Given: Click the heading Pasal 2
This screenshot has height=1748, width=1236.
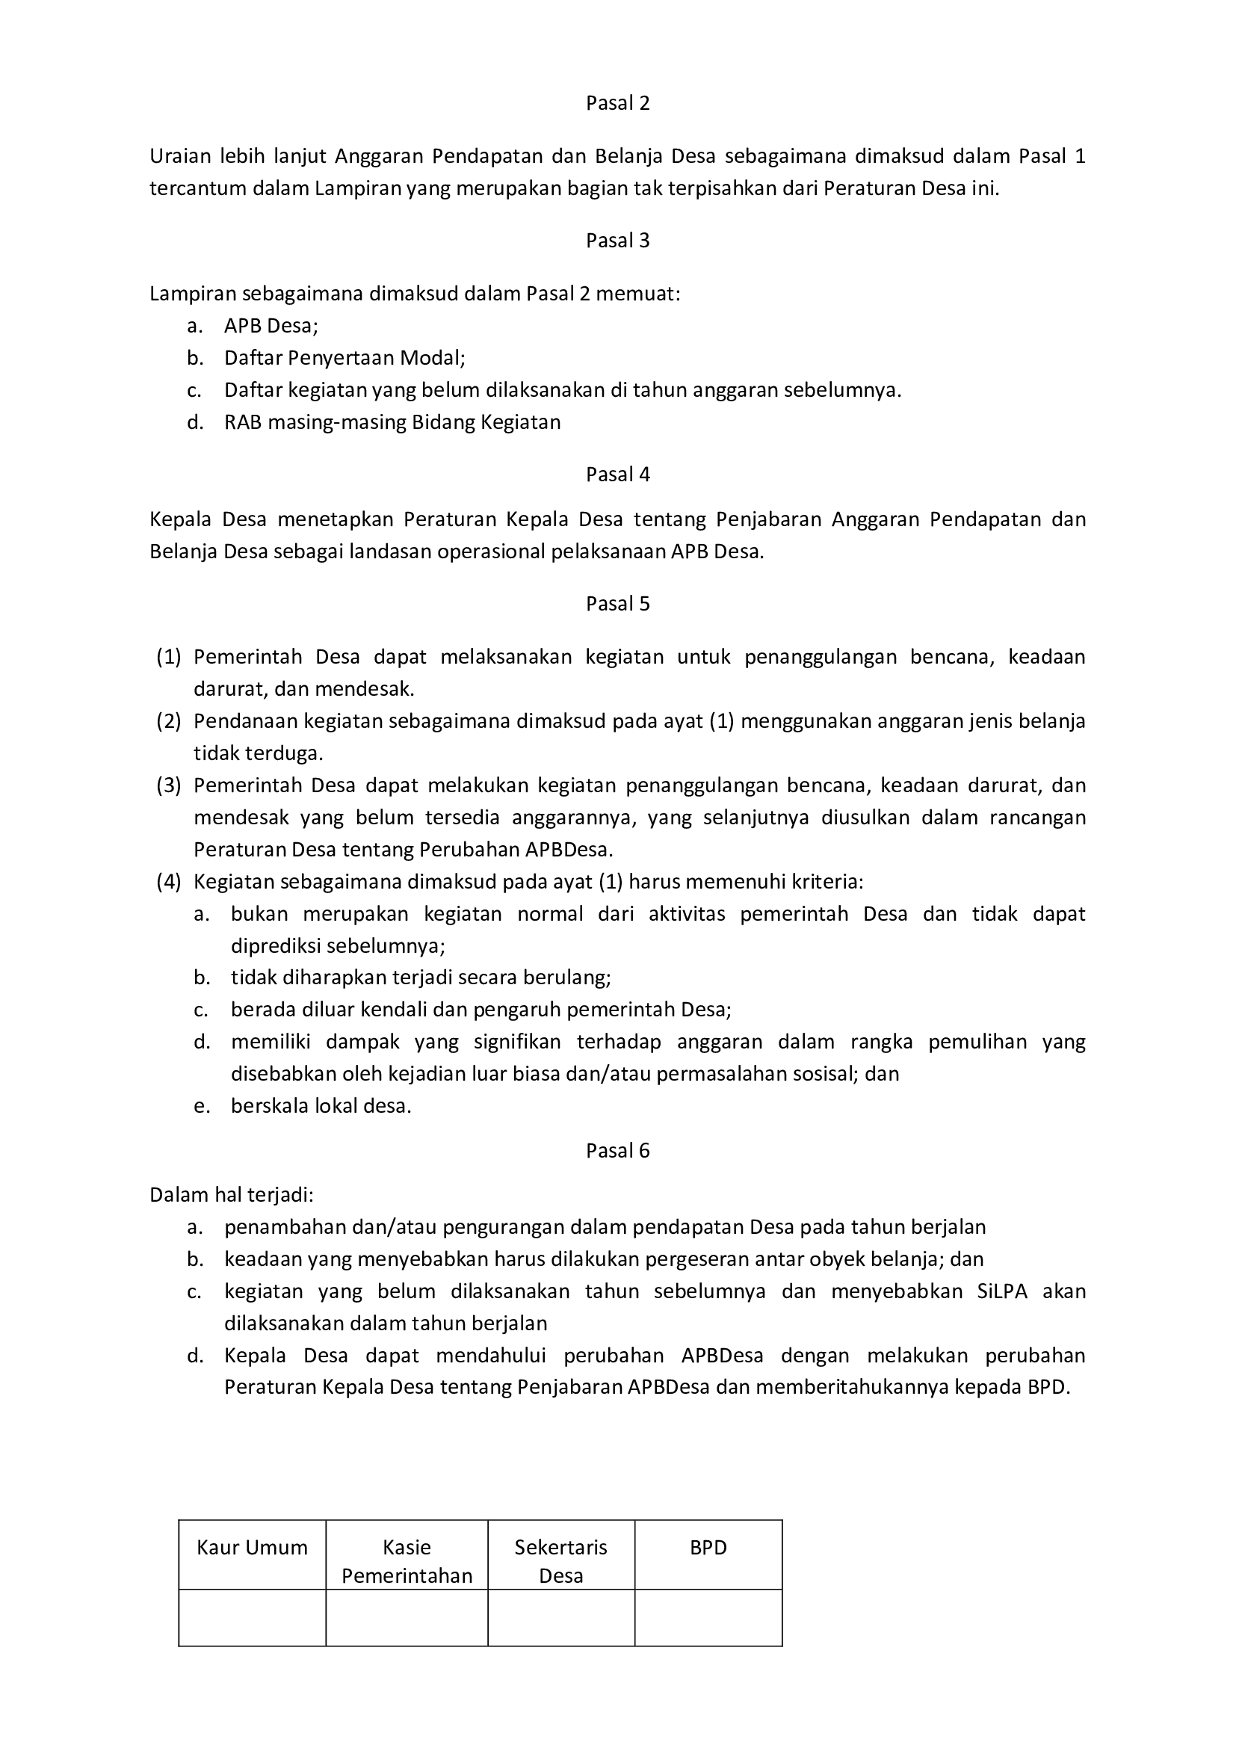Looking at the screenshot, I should [617, 103].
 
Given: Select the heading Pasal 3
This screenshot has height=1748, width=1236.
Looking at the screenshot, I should [617, 241].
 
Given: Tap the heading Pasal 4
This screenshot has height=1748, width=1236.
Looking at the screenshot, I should [617, 475].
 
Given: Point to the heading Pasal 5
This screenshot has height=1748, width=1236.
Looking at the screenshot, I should [617, 604].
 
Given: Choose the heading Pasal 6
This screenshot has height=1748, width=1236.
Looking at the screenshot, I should [617, 1150].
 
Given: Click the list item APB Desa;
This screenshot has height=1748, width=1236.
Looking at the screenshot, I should [271, 326].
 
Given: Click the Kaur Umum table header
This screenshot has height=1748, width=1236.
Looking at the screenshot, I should [252, 1547].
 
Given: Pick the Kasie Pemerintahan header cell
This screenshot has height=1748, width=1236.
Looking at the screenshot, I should [407, 1560].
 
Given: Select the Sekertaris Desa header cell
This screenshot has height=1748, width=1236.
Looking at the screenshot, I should [561, 1560].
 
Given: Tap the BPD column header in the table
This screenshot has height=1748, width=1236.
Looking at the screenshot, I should [708, 1547].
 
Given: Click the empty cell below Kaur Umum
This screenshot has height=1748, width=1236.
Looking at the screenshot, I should [252, 1617].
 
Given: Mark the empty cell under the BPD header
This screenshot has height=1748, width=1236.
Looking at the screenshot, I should [708, 1617].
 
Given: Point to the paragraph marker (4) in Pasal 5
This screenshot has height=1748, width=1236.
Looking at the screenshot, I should [169, 882].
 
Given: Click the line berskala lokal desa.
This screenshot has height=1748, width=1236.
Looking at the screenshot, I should [321, 1105].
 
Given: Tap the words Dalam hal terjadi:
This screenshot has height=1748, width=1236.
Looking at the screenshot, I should [232, 1194].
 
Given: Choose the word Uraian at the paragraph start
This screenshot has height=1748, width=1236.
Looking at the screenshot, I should [179, 156].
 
